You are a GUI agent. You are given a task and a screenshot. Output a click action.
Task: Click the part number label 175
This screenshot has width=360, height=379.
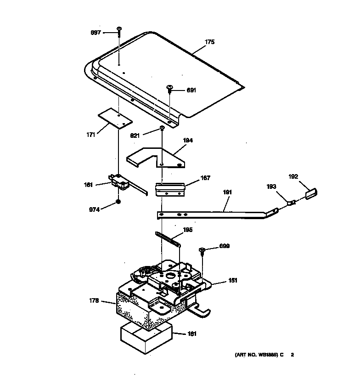[x=209, y=42]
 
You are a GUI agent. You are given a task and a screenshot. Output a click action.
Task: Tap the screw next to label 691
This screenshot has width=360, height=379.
[x=169, y=88]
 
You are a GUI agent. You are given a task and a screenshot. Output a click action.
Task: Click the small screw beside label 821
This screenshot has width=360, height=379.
[x=162, y=128]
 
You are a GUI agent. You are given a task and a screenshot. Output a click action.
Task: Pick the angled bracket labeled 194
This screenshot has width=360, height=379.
[x=156, y=158]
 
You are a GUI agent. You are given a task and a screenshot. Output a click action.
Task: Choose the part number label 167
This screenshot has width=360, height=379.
[x=205, y=178]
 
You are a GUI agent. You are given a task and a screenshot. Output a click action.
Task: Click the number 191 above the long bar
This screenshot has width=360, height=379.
[x=228, y=192]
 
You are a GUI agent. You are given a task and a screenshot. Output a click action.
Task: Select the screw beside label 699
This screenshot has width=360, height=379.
[x=202, y=251]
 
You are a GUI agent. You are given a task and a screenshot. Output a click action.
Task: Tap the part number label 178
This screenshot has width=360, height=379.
[x=94, y=301]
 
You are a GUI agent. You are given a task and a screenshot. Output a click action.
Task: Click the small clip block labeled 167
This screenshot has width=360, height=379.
[x=170, y=189]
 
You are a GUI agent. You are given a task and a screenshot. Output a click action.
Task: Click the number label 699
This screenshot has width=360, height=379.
[x=224, y=246]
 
